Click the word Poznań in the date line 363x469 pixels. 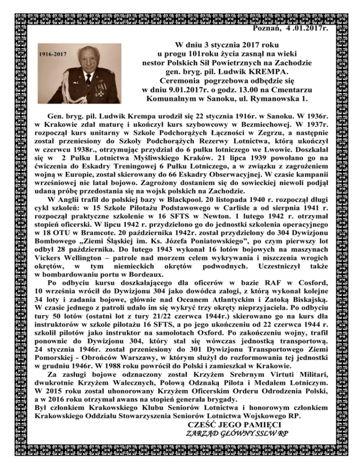click(x=269, y=28)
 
